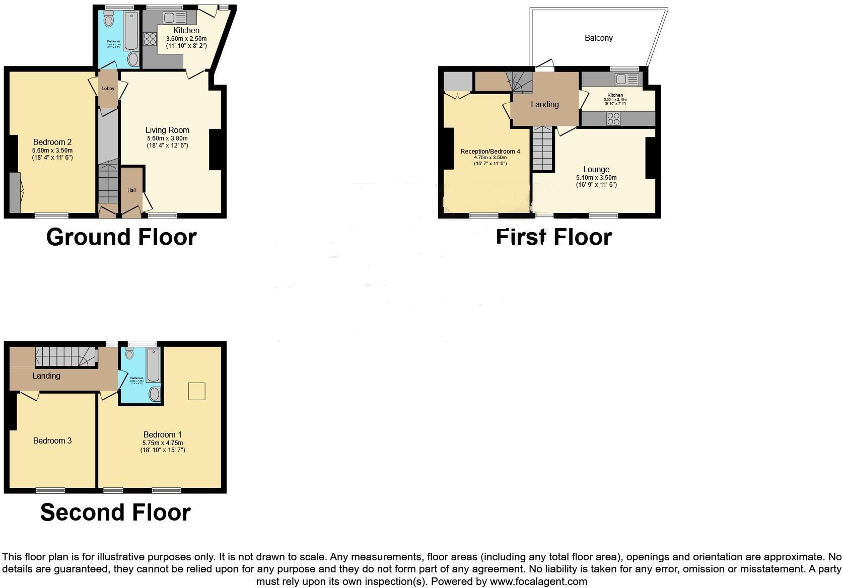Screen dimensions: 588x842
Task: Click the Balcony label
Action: [598, 38]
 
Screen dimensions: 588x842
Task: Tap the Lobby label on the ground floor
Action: [108, 89]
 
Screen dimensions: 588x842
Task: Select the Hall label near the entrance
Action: [131, 190]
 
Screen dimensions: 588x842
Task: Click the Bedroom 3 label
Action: [52, 441]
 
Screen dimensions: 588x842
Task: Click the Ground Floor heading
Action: [121, 237]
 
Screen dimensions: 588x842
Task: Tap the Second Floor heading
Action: [115, 512]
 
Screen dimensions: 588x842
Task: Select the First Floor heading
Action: [553, 237]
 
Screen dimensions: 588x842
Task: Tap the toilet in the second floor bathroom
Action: [129, 354]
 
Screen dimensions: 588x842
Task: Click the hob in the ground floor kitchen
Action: [150, 39]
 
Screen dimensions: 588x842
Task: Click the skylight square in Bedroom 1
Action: [197, 391]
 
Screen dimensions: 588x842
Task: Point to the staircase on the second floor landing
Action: [65, 356]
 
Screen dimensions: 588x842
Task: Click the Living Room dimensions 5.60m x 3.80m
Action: [167, 138]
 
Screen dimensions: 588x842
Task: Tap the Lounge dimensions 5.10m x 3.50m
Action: [596, 178]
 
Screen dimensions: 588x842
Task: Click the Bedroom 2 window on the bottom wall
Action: [51, 215]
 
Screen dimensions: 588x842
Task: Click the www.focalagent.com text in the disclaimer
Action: [538, 582]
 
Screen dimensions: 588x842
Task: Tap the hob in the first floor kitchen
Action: [613, 119]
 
